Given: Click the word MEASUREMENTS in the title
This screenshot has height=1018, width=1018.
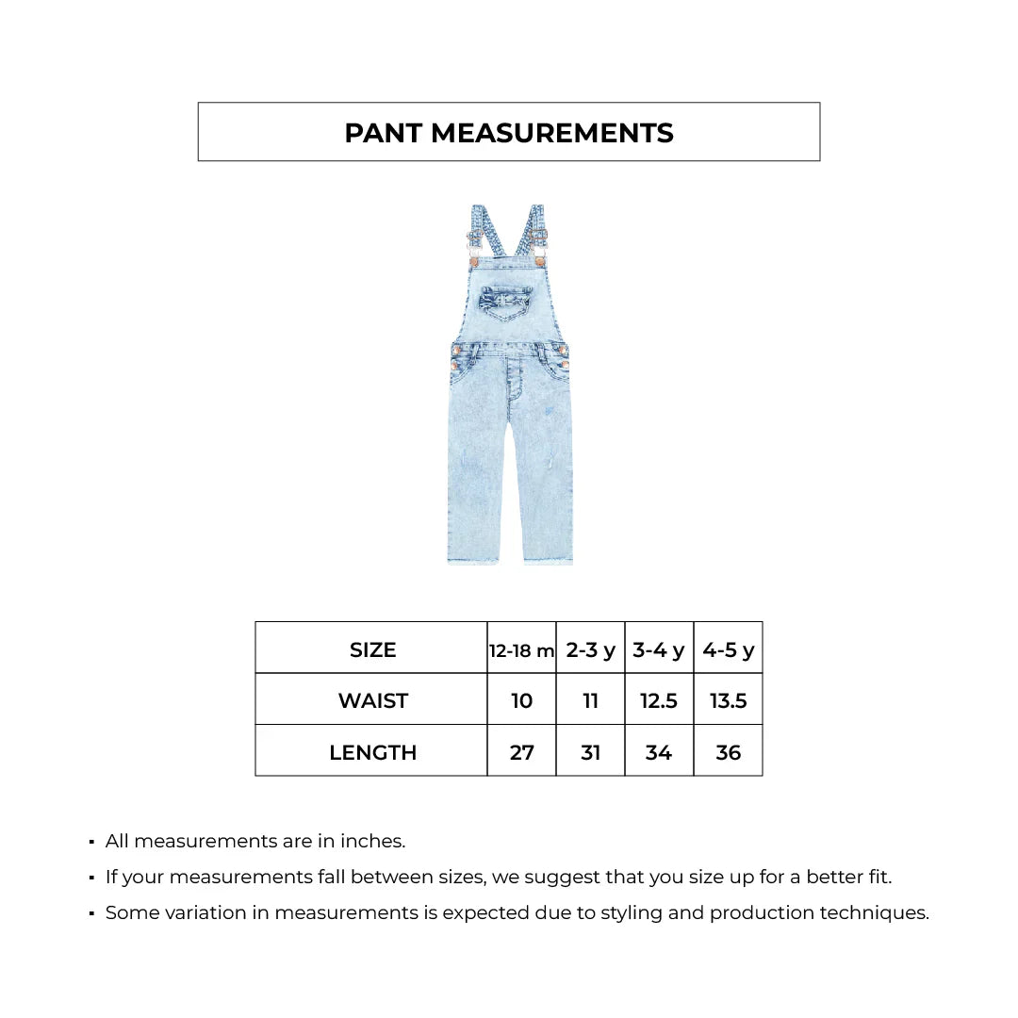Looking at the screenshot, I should click(x=552, y=133).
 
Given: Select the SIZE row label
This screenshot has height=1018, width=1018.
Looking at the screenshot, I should click(x=372, y=649).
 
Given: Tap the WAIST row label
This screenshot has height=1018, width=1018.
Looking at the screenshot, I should click(x=372, y=700).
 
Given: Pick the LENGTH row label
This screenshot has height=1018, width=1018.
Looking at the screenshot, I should click(x=372, y=752).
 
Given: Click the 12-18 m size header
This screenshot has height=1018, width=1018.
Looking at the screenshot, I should click(x=521, y=650).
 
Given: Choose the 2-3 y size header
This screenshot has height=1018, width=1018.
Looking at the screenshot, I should click(x=590, y=650).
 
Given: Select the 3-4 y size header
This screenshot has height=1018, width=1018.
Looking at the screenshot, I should click(x=659, y=650).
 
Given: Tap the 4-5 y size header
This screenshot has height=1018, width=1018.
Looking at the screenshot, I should click(x=728, y=650).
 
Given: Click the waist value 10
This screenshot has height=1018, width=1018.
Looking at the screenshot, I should click(x=521, y=700).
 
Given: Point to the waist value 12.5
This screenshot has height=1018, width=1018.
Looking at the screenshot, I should click(x=659, y=700).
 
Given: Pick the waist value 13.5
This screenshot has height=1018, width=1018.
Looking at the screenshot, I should click(x=728, y=700).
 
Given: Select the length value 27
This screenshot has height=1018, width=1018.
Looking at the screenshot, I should click(x=521, y=752).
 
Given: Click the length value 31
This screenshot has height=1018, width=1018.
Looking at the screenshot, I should click(x=590, y=752).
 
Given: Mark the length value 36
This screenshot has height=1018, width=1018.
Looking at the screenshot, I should click(x=728, y=752).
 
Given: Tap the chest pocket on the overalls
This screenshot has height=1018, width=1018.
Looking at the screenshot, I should click(x=504, y=302).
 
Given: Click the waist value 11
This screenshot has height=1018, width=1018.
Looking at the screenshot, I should click(x=590, y=700).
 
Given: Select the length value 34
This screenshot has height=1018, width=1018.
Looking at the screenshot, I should click(x=659, y=752).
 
